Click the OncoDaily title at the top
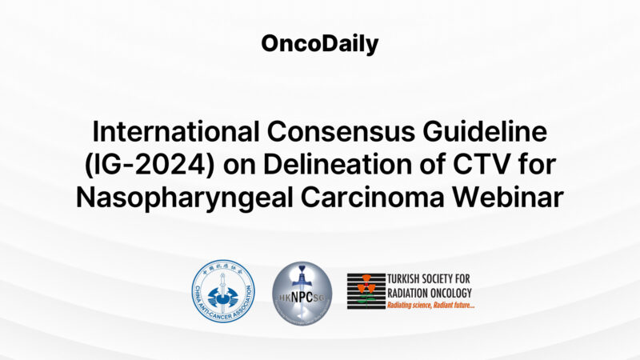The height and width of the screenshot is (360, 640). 320,44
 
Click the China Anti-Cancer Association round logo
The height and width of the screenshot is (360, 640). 222,291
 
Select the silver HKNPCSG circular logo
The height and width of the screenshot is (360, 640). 302,291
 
